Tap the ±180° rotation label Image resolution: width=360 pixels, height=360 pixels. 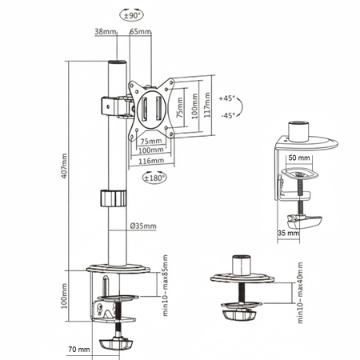point(154,178)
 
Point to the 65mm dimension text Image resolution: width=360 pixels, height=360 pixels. point(140,31)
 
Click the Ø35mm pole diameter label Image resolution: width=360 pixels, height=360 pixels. point(143,226)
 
